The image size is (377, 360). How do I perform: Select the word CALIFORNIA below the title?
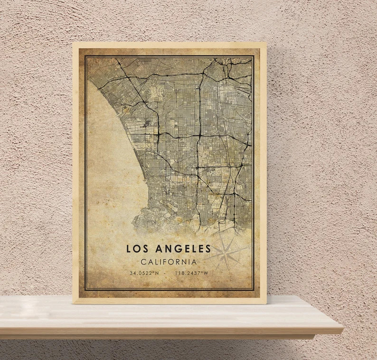click(169, 262)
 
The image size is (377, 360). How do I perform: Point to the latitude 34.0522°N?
click(144, 273)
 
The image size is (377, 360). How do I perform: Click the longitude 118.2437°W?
click(192, 273)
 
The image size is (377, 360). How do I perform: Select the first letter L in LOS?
click(129, 248)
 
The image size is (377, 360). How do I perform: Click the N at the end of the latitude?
click(157, 273)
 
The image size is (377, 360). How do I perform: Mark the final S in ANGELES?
click(207, 248)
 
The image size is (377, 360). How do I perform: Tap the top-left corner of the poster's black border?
click(85, 56)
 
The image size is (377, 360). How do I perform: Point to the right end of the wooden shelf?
click(342, 328)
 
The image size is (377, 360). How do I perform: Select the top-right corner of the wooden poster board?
click(266, 43)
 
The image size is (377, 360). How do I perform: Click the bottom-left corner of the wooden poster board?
click(73, 303)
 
